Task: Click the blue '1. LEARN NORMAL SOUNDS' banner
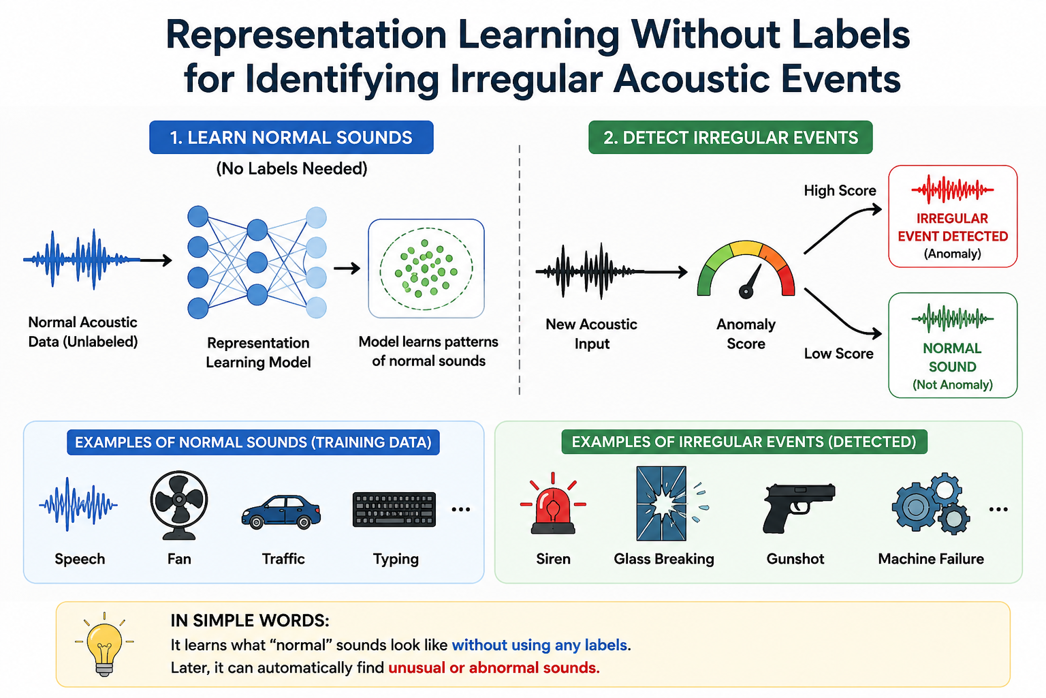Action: (291, 138)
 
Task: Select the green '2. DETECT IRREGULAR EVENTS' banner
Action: (730, 138)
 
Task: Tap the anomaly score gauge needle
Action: (751, 282)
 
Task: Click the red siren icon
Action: (553, 504)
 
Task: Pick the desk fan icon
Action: (179, 505)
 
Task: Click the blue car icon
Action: (281, 513)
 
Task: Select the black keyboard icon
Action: (394, 510)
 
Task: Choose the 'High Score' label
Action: (840, 191)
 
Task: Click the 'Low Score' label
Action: (839, 354)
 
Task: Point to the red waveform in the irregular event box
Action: (953, 189)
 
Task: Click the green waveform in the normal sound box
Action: (953, 318)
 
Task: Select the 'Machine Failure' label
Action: (931, 559)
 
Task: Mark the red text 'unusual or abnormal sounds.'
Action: (494, 667)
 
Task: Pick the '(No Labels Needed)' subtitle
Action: (292, 169)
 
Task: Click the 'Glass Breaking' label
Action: (663, 559)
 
